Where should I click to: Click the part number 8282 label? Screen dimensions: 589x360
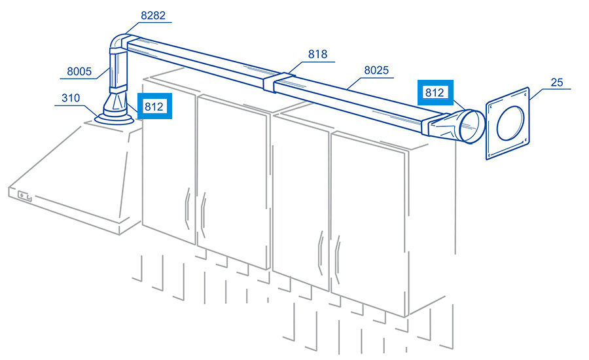pos(153,15)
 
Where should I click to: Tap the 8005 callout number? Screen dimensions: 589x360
pos(79,71)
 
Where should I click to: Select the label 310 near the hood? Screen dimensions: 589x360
pos(71,98)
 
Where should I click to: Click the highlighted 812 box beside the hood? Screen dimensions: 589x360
pos(154,106)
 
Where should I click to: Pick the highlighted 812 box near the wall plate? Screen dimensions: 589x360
pos(435,92)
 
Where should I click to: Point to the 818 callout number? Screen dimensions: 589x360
pos(317,54)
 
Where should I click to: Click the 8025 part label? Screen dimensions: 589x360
pos(376,70)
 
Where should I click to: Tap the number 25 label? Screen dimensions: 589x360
pos(557,82)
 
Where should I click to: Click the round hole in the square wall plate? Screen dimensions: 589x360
pos(510,124)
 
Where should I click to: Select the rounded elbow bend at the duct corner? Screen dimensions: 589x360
pos(118,42)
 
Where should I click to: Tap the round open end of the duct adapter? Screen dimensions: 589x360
pos(473,126)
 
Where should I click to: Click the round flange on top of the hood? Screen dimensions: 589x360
pos(114,119)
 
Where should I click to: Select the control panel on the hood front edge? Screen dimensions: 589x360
pos(24,196)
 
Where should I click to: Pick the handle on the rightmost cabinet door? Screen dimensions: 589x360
pos(337,259)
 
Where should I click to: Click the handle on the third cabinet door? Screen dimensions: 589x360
pos(321,253)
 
